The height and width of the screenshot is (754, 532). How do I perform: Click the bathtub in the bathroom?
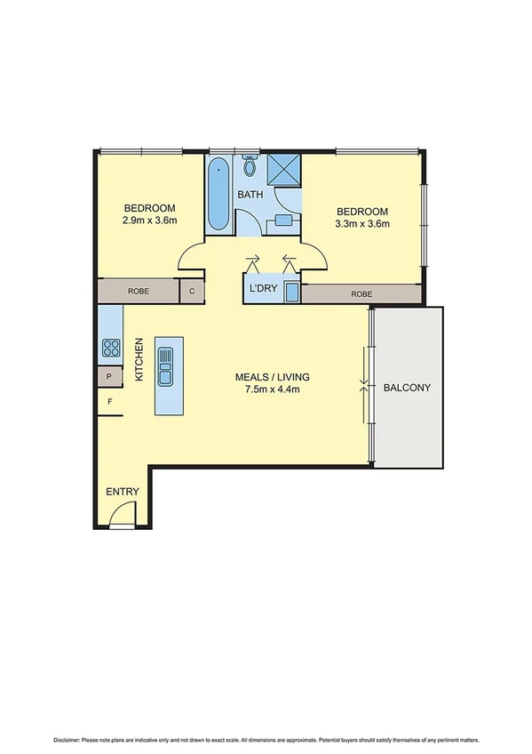pos(218,195)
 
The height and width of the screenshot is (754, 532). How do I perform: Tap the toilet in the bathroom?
pos(250,166)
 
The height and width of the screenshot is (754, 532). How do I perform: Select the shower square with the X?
pos(285,168)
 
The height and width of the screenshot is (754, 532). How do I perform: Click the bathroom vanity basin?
pos(283,220)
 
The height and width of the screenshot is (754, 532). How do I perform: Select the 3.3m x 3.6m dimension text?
pos(361,224)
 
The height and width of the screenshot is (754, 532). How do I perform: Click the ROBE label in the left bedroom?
pos(139,291)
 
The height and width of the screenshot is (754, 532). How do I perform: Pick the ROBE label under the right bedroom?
pos(361,294)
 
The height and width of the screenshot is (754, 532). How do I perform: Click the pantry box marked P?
pos(109,376)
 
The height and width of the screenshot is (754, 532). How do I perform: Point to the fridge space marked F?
pos(110,402)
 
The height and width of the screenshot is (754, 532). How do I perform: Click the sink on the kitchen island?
pos(166,365)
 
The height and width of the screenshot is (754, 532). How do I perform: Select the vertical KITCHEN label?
pos(139,360)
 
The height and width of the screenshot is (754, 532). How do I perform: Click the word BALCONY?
pos(407,388)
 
